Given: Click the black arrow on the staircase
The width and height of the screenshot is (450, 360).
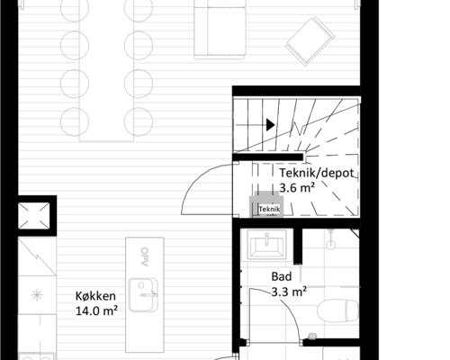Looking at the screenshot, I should tap(269, 125).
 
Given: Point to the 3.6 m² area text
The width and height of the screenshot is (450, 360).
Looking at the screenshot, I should tap(296, 188).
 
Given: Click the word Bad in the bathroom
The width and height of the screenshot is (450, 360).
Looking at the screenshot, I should tap(282, 277).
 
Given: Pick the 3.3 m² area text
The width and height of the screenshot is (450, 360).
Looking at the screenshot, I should tap(290, 292).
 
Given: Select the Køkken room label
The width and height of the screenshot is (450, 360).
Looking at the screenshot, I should tap(94, 296).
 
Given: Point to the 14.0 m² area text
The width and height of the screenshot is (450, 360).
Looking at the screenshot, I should tap(98, 311).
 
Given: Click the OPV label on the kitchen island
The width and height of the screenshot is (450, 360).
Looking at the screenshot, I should tap(142, 256).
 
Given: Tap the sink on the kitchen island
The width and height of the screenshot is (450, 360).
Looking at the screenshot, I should tap(143, 291).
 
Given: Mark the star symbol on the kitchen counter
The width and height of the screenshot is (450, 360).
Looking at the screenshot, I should tap(37, 294).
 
